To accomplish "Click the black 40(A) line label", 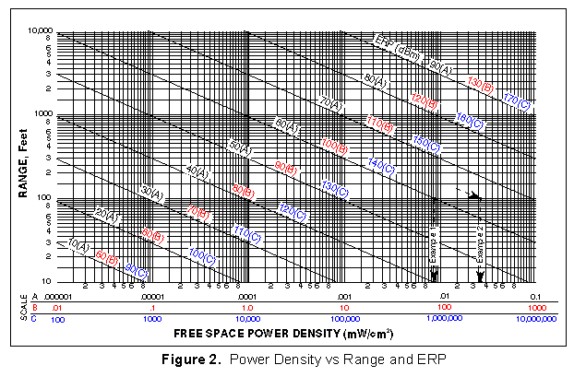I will click(197, 172).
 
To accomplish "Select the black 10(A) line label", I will click(79, 246).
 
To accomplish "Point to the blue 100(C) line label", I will click(202, 253).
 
